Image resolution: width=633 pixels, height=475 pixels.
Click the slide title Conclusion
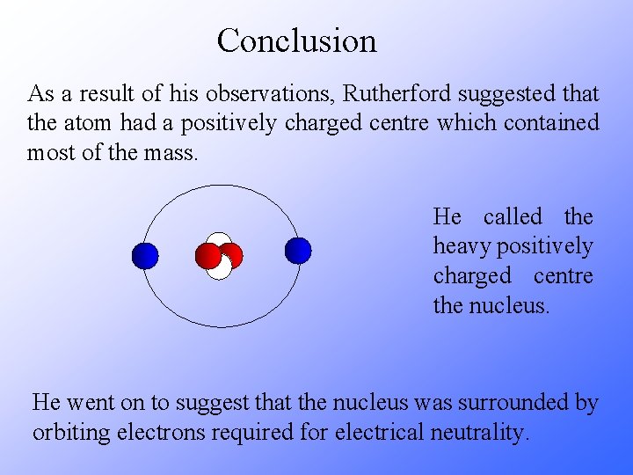coord(296,40)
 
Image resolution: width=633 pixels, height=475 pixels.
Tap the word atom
coord(92,123)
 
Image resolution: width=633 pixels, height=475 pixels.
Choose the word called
coord(513,217)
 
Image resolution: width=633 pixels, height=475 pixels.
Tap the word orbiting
coord(66,434)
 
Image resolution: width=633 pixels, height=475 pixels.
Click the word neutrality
coord(483,434)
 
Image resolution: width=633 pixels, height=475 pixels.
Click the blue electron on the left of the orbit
coord(144,256)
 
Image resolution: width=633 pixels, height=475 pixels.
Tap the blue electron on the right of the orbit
coord(298,251)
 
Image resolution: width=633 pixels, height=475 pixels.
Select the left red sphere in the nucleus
coord(208,255)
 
